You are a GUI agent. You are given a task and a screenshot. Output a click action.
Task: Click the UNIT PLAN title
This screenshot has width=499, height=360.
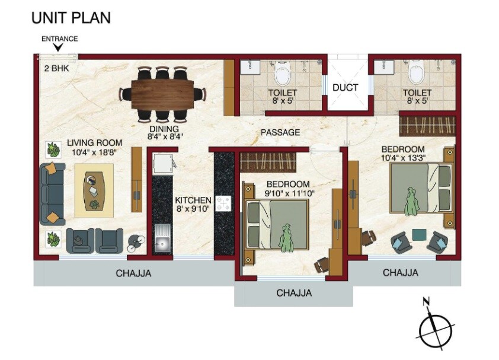[x=71, y=17]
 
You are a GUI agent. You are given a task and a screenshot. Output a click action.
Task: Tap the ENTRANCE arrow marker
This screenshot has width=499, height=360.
[x=59, y=47]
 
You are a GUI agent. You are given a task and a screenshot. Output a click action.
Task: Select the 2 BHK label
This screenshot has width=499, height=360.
[x=56, y=68]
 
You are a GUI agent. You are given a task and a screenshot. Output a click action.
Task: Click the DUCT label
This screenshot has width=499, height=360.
[x=345, y=87]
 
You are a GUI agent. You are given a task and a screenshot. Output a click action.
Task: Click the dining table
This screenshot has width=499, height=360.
[x=162, y=93]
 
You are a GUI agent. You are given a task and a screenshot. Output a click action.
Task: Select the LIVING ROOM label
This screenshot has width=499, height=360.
[x=94, y=143]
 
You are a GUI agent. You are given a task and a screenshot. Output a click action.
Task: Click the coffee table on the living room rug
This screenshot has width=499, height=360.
[x=94, y=190]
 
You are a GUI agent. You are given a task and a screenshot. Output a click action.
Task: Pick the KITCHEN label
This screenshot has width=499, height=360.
[x=193, y=200]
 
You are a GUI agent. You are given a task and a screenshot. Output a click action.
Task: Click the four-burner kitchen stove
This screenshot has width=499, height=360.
[x=223, y=203]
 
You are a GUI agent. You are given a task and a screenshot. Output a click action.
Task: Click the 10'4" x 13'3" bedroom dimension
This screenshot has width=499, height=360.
[x=403, y=157]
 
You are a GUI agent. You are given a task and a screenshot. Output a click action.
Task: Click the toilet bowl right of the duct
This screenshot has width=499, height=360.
[x=417, y=74]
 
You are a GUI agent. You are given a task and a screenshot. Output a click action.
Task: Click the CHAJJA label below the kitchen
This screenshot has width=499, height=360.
[x=133, y=273]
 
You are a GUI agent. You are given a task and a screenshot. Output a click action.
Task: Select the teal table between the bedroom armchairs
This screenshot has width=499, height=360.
[x=418, y=235]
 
